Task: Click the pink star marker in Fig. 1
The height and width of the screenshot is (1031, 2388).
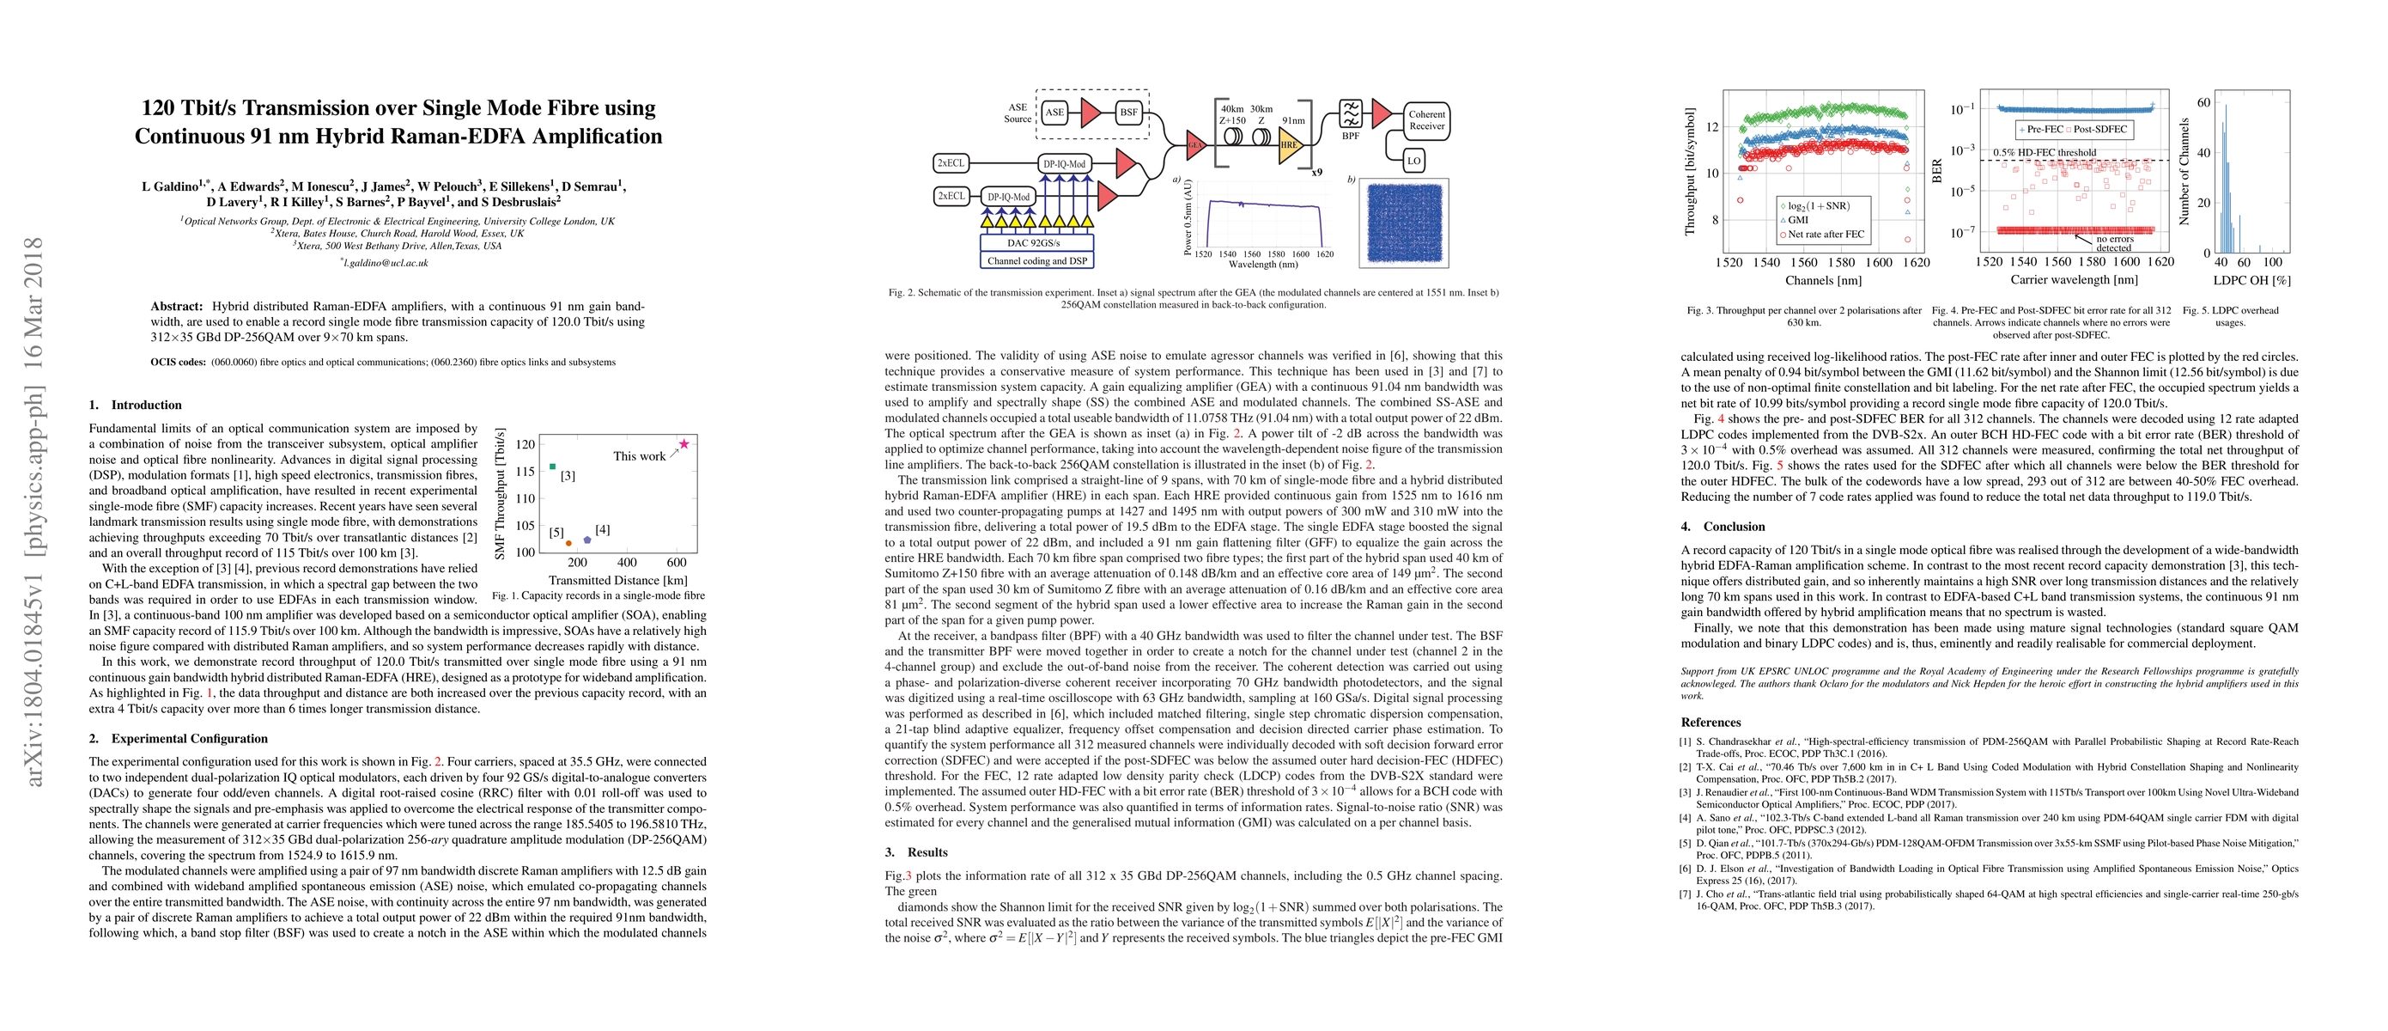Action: [684, 444]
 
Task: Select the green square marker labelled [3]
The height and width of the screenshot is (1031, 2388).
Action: [552, 467]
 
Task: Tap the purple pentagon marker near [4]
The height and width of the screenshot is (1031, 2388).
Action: [586, 540]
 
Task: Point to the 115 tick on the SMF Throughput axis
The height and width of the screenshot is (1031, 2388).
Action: [525, 472]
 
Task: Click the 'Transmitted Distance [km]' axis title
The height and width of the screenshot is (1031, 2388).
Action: [617, 581]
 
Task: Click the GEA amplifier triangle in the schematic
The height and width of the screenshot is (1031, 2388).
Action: [1196, 143]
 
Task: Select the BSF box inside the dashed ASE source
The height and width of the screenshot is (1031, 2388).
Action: [1128, 113]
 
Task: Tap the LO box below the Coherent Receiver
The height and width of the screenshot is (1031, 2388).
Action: [1413, 161]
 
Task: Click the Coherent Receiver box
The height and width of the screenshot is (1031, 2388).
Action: [1425, 120]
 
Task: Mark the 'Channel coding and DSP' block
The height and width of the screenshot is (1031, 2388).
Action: [1036, 260]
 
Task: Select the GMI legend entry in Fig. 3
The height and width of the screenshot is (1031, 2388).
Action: [1797, 220]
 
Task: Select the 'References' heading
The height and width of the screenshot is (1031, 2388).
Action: [1710, 723]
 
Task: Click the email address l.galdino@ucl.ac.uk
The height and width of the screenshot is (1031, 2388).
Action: [385, 262]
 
